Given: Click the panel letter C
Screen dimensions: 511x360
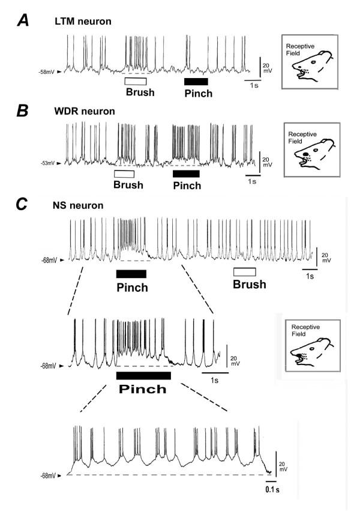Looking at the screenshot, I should click(22, 204).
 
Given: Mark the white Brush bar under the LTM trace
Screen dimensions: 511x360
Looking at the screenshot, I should click(135, 81).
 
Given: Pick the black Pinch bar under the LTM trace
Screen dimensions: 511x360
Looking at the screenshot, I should click(196, 81).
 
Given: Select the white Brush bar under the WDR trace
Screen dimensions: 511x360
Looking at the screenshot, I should click(124, 174).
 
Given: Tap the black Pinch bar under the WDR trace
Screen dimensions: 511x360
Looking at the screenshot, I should click(186, 174).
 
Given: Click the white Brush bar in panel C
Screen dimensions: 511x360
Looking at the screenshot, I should click(245, 272).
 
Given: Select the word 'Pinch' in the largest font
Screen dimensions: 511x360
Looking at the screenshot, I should click(143, 389).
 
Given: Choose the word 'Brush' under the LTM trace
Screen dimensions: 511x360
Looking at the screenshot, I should click(140, 93).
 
